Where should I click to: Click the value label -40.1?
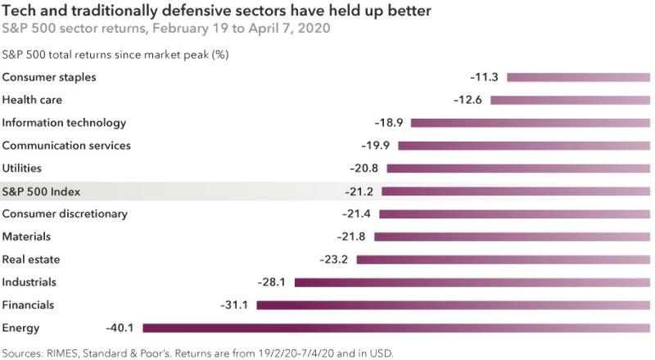(x=121, y=327)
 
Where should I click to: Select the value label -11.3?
(x=485, y=77)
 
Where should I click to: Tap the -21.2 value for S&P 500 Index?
(x=359, y=191)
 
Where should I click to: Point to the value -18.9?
(x=389, y=123)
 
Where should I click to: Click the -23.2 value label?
(x=334, y=259)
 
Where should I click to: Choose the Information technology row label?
(x=65, y=123)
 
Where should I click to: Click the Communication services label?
(x=66, y=146)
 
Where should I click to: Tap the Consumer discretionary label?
(x=65, y=214)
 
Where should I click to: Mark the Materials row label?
(x=27, y=236)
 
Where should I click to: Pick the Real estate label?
(x=30, y=259)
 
